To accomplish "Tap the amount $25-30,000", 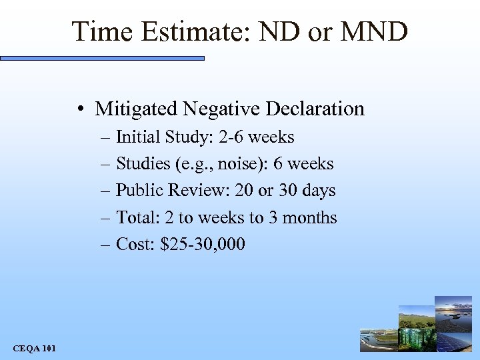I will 203,245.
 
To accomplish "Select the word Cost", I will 135,245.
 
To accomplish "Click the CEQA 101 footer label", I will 34,347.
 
